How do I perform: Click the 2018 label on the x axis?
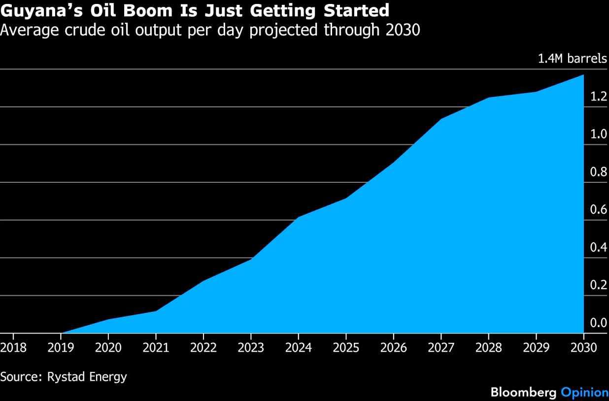click(13, 348)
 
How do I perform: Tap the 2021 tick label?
click(156, 348)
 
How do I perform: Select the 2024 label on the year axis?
click(299, 348)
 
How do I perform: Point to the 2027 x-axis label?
click(441, 348)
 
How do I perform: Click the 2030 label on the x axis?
click(584, 348)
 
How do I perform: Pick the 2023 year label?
click(251, 348)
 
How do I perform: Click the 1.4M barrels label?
click(573, 59)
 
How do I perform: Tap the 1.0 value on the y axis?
click(599, 134)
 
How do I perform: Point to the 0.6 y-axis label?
click(599, 209)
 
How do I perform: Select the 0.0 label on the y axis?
click(599, 323)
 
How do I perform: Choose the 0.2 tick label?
click(599, 285)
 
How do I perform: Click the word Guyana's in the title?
click(41, 11)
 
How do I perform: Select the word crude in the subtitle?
click(85, 30)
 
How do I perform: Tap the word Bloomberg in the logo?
click(523, 393)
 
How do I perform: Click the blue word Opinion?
click(584, 393)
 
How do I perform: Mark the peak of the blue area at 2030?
click(583, 75)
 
